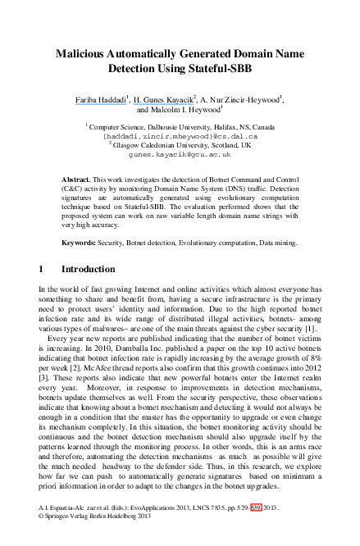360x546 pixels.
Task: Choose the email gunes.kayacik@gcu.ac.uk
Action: pyautogui.click(x=180, y=153)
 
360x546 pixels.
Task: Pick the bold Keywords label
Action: pyautogui.click(x=80, y=243)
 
